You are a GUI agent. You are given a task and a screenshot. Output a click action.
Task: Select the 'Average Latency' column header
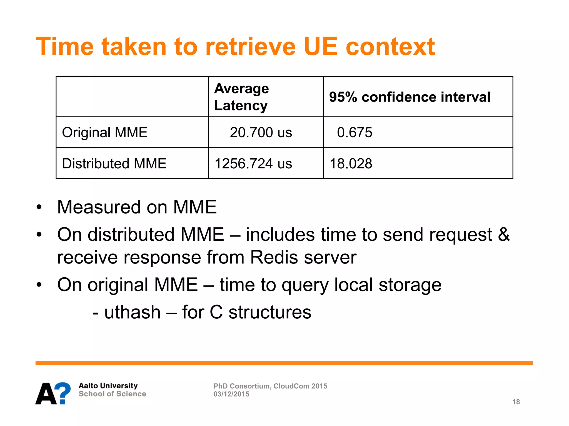click(x=241, y=97)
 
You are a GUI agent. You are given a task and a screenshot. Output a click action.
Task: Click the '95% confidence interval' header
click(x=410, y=97)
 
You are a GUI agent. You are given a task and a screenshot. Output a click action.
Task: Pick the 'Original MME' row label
click(x=104, y=132)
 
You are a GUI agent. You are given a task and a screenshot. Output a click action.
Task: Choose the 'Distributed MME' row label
click(x=114, y=163)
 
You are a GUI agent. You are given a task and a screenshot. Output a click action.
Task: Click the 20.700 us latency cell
click(x=261, y=132)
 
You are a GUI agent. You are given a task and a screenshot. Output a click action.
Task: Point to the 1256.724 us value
click(x=253, y=163)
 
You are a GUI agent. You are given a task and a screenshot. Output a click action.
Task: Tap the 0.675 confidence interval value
click(x=354, y=132)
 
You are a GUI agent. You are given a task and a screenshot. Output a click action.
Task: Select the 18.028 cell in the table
click(x=351, y=163)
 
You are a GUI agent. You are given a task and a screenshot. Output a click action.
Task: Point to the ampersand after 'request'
click(x=503, y=234)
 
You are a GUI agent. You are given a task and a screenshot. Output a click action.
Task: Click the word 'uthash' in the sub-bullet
click(x=132, y=312)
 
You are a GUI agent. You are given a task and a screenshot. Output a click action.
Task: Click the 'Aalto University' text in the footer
click(x=108, y=386)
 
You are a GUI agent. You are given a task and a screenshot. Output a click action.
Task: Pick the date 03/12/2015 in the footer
click(x=231, y=394)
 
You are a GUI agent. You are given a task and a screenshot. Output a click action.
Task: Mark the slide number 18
click(x=516, y=402)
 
